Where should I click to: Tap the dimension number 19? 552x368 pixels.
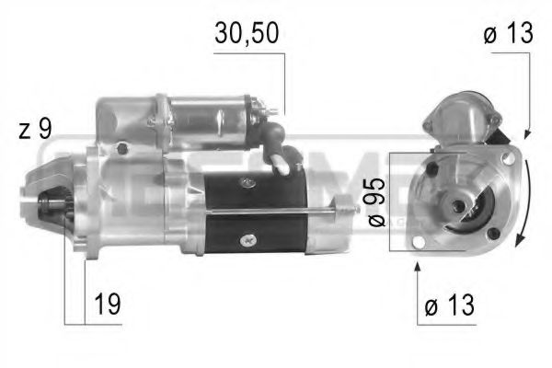[107, 304]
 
